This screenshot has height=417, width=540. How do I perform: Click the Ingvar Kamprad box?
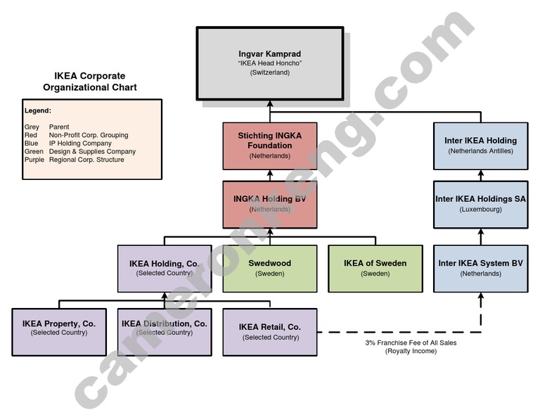(269, 63)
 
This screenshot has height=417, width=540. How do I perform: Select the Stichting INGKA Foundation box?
(269, 146)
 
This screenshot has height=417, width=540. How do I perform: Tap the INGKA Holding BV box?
(269, 204)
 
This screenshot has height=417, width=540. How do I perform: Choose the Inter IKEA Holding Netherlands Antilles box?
(480, 146)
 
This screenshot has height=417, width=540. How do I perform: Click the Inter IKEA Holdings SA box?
(480, 204)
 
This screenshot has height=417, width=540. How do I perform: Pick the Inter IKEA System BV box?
(480, 268)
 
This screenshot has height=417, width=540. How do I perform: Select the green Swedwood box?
(269, 268)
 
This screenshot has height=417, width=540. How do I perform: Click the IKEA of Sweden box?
(375, 268)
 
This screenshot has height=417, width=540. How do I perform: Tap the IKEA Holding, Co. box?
(164, 268)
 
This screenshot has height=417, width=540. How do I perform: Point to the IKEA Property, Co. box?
(58, 331)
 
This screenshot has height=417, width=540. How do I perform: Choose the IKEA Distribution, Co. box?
(164, 331)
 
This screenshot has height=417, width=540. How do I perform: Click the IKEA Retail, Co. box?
(269, 331)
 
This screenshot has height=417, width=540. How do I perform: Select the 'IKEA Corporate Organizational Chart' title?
(89, 82)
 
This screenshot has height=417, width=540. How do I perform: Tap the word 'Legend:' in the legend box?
(38, 110)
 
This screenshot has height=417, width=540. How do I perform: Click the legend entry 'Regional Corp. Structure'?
(86, 160)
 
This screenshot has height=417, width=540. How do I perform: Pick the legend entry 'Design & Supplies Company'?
(92, 151)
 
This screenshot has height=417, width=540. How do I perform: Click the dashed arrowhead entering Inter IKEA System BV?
(481, 297)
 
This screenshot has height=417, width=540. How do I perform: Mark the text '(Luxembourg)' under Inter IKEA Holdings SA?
(480, 210)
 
